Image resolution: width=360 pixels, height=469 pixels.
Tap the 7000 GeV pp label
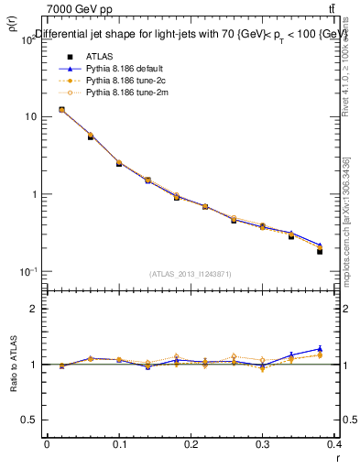click(x=81, y=9)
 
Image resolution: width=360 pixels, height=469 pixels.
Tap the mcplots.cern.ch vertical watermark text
click(x=346, y=220)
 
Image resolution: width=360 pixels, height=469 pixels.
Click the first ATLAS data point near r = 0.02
click(x=61, y=110)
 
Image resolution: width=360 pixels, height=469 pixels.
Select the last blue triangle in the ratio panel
click(x=320, y=349)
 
